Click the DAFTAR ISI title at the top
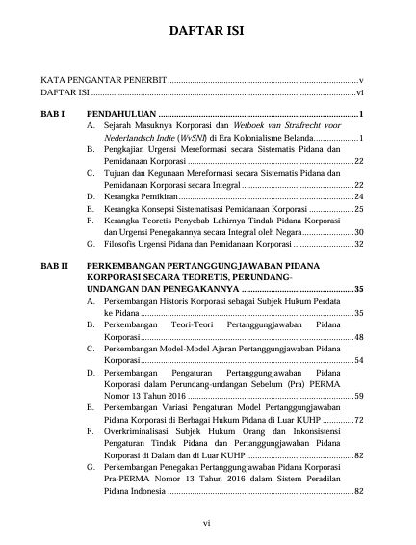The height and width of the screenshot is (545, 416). [x=207, y=31]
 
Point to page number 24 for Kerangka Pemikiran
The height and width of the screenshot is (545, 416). [x=356, y=195]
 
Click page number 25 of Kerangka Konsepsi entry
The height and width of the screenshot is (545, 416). [x=356, y=208]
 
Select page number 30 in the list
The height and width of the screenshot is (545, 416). [x=356, y=232]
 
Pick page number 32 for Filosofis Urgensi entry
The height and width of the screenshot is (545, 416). [x=356, y=245]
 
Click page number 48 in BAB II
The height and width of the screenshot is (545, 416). [x=356, y=338]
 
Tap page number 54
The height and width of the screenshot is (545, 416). [x=356, y=361]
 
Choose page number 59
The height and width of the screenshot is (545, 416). [x=356, y=396]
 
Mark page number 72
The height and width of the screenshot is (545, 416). [x=356, y=420]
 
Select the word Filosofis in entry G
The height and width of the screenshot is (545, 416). [x=121, y=245]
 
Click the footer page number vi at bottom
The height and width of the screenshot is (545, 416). [x=207, y=523]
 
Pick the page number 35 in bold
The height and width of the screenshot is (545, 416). [x=356, y=289]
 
